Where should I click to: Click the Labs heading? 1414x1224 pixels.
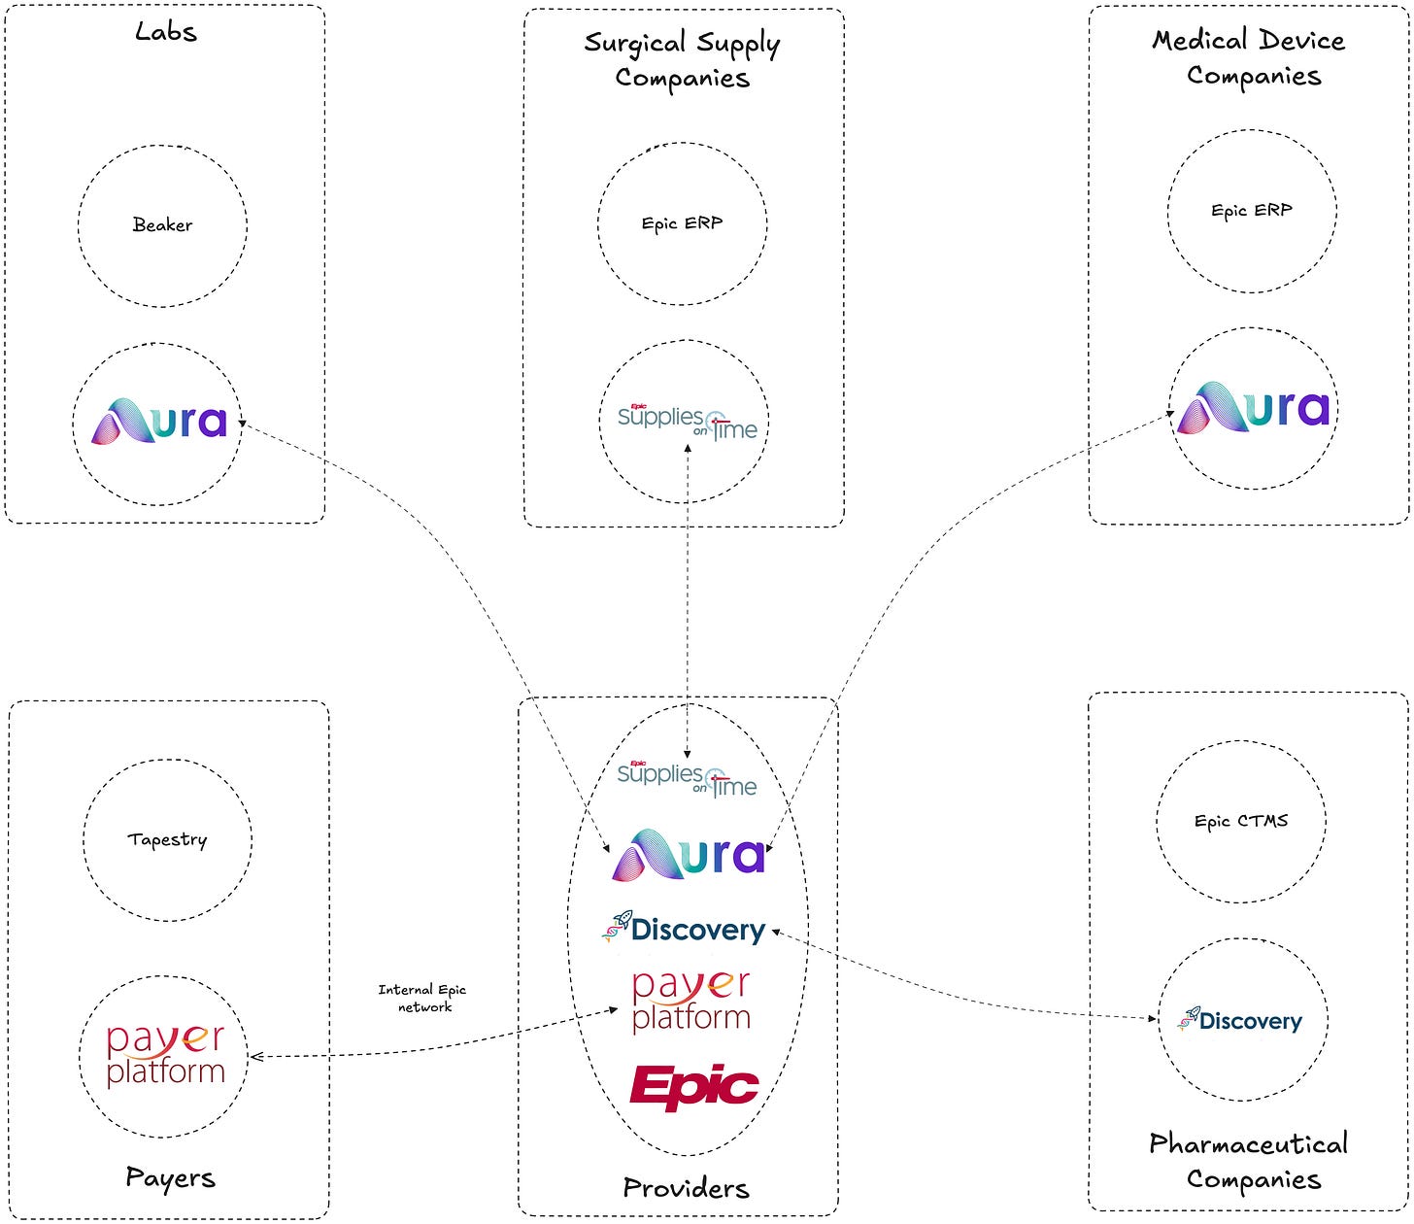pyautogui.click(x=165, y=31)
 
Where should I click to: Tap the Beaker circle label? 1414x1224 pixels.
pyautogui.click(x=162, y=224)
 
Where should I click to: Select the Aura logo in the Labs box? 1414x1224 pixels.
pyautogui.click(x=158, y=421)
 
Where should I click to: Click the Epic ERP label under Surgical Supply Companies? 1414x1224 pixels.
pyautogui.click(x=682, y=223)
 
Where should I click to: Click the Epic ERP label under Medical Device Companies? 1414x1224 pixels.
pyautogui.click(x=1252, y=210)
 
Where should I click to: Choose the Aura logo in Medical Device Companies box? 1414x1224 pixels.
pyautogui.click(x=1253, y=408)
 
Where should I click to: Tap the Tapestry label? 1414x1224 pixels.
pyautogui.click(x=168, y=839)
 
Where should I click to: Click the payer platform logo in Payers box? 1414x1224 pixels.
pyautogui.click(x=165, y=1056)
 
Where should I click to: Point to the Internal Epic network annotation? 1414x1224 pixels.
pyautogui.click(x=422, y=998)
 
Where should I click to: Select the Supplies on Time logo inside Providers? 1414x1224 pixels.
pyautogui.click(x=687, y=779)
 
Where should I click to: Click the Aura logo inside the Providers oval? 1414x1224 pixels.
pyautogui.click(x=689, y=854)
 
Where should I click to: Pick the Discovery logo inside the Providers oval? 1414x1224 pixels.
pyautogui.click(x=684, y=929)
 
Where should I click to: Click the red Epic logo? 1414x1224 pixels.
pyautogui.click(x=693, y=1087)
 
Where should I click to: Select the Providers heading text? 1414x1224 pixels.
pyautogui.click(x=687, y=1188)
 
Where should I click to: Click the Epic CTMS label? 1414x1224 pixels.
pyautogui.click(x=1241, y=821)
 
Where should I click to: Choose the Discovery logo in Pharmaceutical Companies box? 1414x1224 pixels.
pyautogui.click(x=1239, y=1020)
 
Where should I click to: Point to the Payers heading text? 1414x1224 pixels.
pyautogui.click(x=170, y=1178)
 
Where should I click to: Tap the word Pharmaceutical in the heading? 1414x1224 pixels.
pyautogui.click(x=1249, y=1143)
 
